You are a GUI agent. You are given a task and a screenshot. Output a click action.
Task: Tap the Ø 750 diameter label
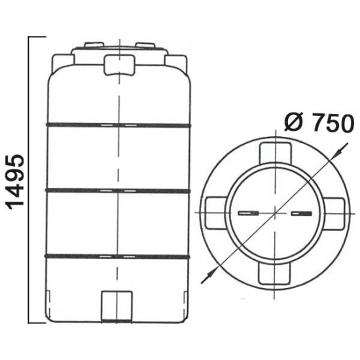click(x=317, y=123)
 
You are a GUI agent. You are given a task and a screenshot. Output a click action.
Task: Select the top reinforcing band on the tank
click(x=118, y=125)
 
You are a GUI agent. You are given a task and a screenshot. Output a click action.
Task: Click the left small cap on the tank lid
click(x=94, y=45)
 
